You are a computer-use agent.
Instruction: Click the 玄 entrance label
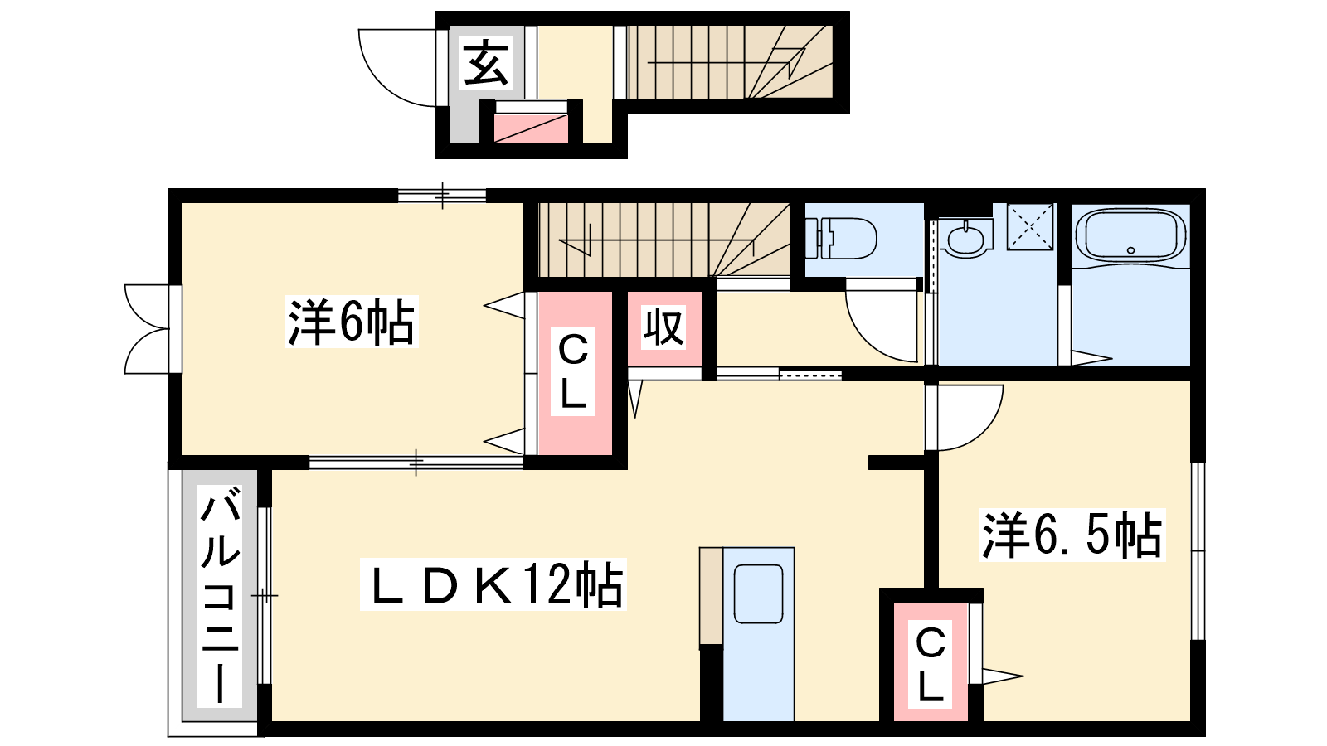pos(486,64)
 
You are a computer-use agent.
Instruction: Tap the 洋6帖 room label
pos(351,322)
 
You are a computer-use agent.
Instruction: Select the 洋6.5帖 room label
pos(1072,535)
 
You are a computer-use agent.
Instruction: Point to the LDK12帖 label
pos(493,585)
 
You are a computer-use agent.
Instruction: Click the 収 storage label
pos(663,328)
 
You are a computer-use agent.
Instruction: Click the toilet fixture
pos(842,238)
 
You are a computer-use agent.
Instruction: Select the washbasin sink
pos(967,239)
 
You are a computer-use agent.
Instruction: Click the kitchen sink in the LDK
pos(758,593)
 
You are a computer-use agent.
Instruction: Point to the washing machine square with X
pos(1030,226)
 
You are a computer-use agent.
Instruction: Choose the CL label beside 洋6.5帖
pos(930,664)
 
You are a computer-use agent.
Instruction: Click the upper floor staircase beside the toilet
pos(663,240)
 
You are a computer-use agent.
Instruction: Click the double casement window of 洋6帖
pos(149,329)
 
